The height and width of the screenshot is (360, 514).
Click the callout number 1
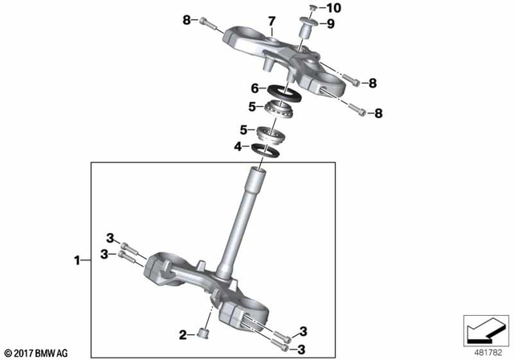click(x=78, y=260)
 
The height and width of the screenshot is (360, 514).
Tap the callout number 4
click(x=237, y=146)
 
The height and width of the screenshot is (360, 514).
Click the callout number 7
click(x=271, y=20)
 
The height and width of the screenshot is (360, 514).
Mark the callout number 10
click(x=335, y=8)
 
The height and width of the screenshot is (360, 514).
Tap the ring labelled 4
click(x=263, y=148)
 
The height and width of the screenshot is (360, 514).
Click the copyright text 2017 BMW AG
click(x=37, y=352)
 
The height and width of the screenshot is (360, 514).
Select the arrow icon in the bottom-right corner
click(x=484, y=330)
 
